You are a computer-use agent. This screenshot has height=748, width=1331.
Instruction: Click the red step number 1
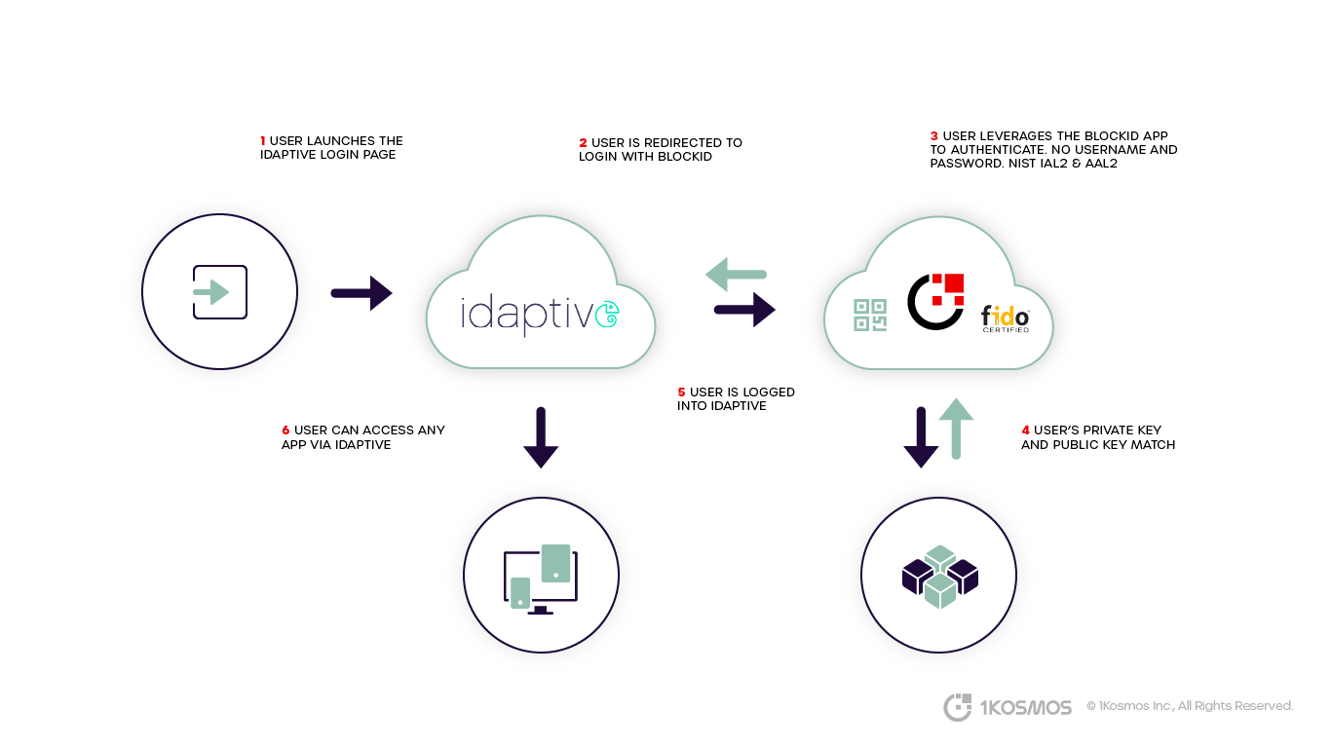(x=263, y=141)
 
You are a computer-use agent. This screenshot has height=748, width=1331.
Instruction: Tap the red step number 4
(x=1025, y=430)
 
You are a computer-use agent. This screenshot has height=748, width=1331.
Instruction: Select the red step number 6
(x=285, y=430)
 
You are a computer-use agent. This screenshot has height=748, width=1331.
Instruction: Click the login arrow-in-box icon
(x=219, y=291)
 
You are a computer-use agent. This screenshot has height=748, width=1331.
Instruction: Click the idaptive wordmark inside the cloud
(x=526, y=314)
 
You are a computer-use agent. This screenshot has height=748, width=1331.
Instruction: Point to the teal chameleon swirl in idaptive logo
(x=608, y=313)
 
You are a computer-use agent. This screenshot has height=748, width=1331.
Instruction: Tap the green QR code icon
(x=870, y=316)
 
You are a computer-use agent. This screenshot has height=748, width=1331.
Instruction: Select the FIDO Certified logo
(x=1005, y=318)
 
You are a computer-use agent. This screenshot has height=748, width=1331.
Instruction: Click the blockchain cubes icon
(x=939, y=577)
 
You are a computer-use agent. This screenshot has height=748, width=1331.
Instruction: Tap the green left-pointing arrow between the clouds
(x=736, y=275)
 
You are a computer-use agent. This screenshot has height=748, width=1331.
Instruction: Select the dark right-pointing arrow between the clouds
(x=744, y=310)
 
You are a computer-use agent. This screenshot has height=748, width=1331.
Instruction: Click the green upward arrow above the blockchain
(x=956, y=429)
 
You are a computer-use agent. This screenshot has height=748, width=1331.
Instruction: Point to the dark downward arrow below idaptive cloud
(x=541, y=437)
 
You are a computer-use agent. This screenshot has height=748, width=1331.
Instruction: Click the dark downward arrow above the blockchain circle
(x=920, y=437)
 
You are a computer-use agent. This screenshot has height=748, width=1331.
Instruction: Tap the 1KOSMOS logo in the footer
(x=1008, y=707)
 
